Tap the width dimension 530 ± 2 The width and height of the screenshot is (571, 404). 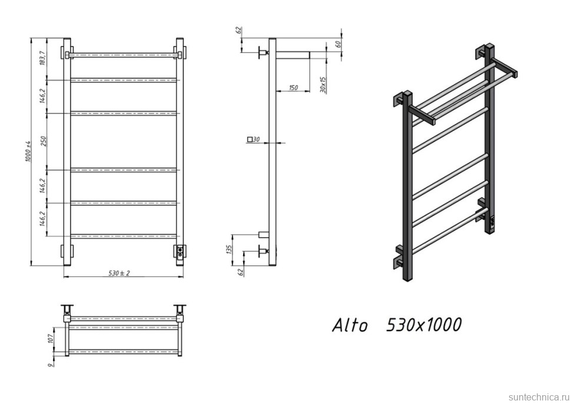pyautogui.click(x=119, y=273)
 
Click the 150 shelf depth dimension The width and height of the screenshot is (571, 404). pyautogui.click(x=293, y=88)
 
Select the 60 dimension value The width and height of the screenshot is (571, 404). pyautogui.click(x=338, y=45)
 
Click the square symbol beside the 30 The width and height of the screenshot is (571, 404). pyautogui.click(x=251, y=140)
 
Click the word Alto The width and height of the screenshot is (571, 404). pyautogui.click(x=350, y=325)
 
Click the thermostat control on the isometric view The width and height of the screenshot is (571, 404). pyautogui.click(x=493, y=222)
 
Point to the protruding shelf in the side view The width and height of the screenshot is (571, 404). pyautogui.click(x=293, y=55)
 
